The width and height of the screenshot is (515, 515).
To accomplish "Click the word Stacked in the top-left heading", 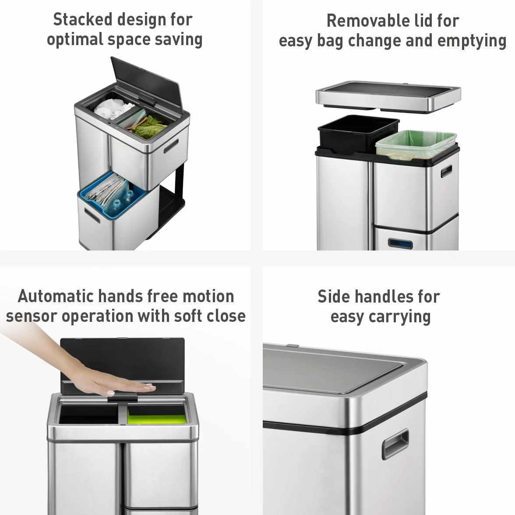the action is (82, 19).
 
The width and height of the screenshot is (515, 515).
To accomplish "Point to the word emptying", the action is (472, 41).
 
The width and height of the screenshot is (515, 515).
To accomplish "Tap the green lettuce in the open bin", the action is (149, 124).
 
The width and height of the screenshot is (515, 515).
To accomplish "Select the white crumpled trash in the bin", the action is (112, 109).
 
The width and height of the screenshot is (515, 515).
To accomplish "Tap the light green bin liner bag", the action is (416, 145).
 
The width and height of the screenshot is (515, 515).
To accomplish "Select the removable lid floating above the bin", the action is (388, 96).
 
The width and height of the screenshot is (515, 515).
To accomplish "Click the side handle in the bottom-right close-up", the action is (395, 444).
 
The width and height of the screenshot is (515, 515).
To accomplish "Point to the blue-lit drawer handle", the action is (400, 243).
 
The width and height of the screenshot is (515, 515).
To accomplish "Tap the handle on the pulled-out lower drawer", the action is (92, 215).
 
